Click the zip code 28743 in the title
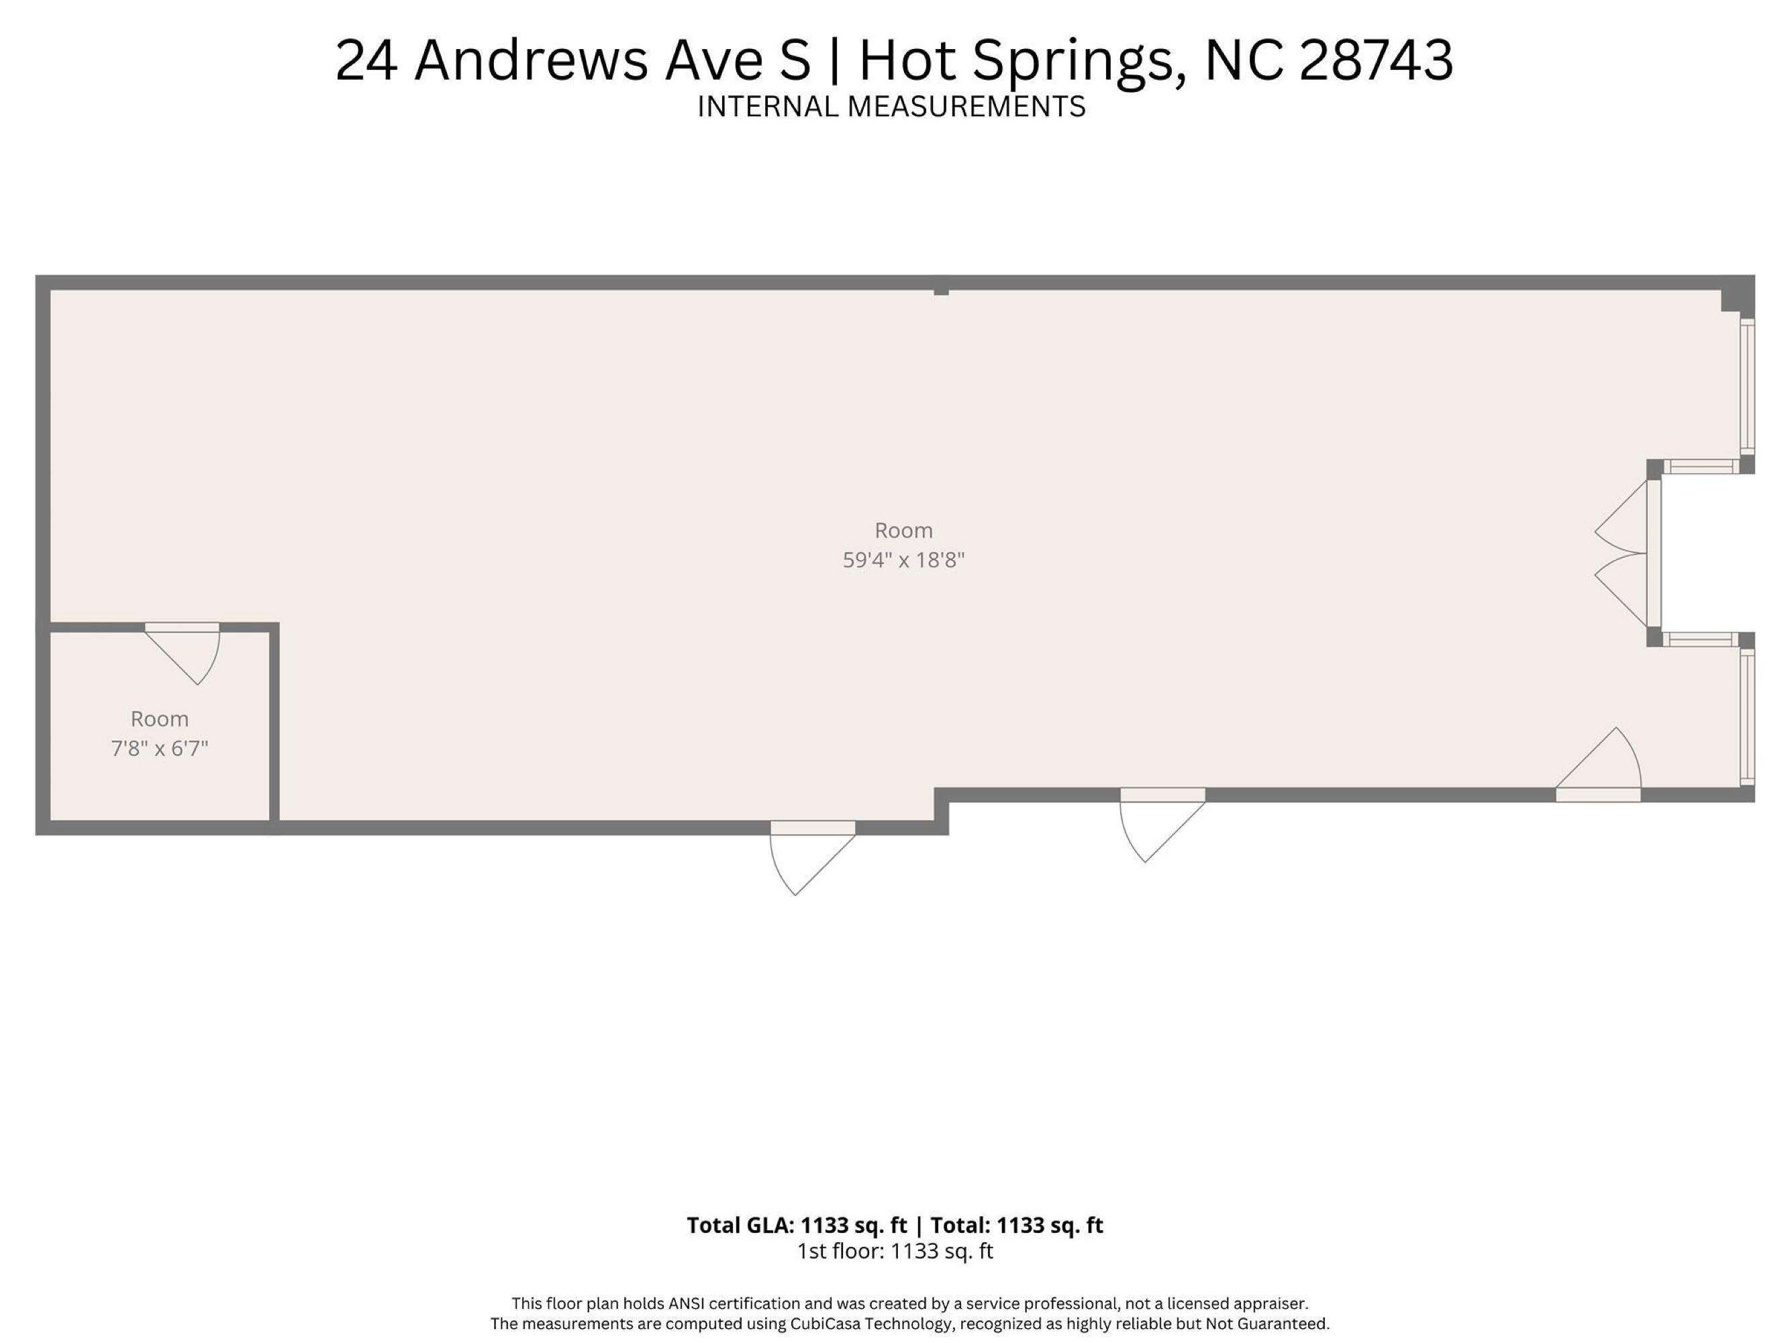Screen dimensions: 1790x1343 tap(1377, 60)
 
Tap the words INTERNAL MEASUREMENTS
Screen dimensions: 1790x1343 tap(891, 107)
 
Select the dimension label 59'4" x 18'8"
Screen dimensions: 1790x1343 tap(904, 560)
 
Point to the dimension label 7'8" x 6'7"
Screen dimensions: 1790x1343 tap(160, 748)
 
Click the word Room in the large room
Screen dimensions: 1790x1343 tap(904, 531)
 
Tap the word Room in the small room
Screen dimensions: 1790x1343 tap(160, 719)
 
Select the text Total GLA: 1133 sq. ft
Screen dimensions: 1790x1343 tap(797, 1225)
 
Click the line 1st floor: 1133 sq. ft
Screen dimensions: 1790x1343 tap(895, 1252)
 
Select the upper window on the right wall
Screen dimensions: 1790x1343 tap(1747, 387)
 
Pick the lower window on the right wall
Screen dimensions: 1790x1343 tap(1747, 717)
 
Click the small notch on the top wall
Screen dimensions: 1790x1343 tap(941, 291)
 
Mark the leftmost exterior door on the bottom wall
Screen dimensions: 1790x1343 tap(813, 858)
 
